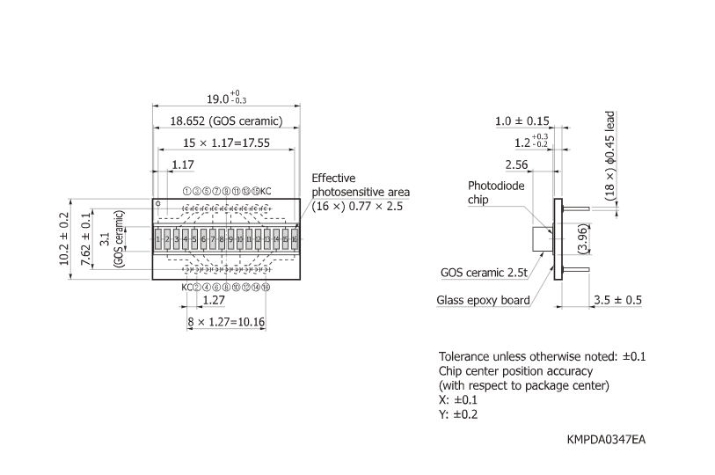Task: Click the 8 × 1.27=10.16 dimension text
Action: [x=224, y=322]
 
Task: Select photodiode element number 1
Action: [x=157, y=239]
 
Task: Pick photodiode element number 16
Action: [x=295, y=239]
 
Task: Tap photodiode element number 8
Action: [x=221, y=239]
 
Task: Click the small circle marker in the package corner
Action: [x=158, y=204]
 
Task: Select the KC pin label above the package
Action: [x=266, y=191]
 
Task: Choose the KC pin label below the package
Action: [x=186, y=288]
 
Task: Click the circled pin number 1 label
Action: [x=186, y=191]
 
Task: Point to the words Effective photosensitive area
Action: [x=361, y=186]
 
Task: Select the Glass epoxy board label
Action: [x=483, y=300]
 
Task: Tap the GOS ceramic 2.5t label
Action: [x=485, y=273]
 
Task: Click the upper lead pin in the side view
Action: [x=577, y=208]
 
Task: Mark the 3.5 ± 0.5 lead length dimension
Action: [x=617, y=300]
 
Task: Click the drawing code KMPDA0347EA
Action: [x=607, y=437]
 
